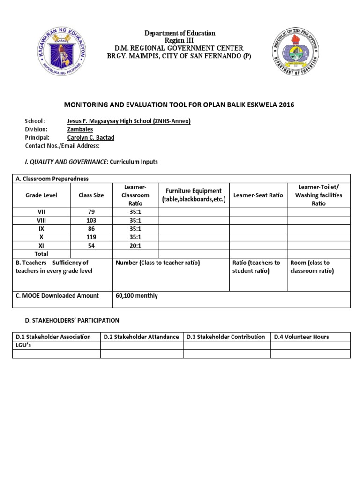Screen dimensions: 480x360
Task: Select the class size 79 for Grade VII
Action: [91, 212]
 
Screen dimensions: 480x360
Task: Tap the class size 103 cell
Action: [91, 220]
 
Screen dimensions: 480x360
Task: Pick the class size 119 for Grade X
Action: [91, 237]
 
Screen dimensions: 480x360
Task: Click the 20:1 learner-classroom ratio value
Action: [135, 246]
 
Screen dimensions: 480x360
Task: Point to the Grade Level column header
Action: [41, 195]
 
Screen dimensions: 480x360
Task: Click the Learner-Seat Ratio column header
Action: [258, 195]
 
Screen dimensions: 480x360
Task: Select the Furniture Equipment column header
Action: [194, 195]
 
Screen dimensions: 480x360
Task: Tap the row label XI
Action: [41, 246]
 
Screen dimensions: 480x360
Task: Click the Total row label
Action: [41, 254]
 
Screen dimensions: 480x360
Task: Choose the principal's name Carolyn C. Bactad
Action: [93, 137]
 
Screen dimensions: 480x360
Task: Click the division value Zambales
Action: [80, 129]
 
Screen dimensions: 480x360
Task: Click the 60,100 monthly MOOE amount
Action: [137, 296]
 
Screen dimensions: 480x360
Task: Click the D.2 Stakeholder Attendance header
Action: [141, 337]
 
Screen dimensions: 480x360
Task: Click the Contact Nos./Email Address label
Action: [62, 146]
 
